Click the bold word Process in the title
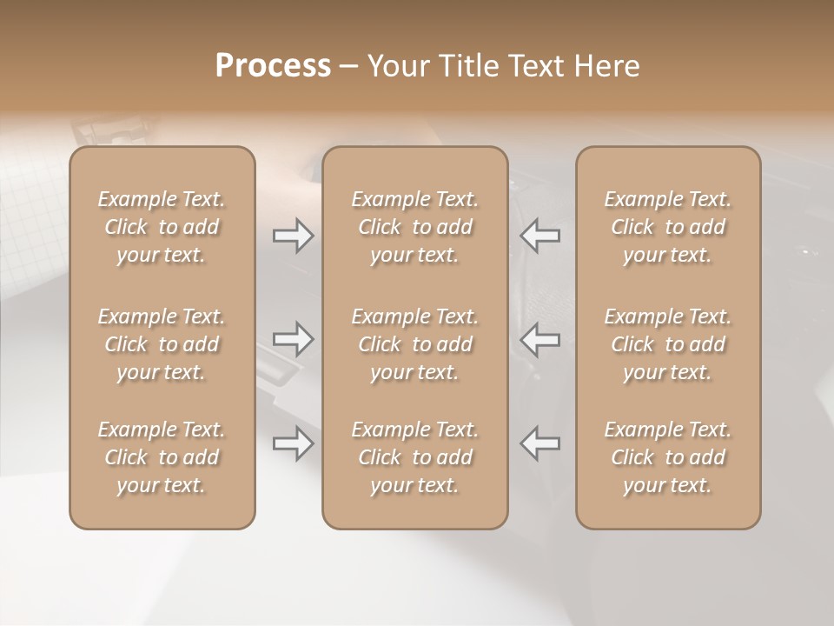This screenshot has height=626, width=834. tap(273, 65)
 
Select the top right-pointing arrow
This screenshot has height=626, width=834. tap(293, 236)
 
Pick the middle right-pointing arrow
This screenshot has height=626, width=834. tap(293, 339)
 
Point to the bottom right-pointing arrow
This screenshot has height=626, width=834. tap(293, 443)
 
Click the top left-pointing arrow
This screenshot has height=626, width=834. tap(539, 236)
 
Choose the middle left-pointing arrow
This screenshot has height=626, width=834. tap(539, 339)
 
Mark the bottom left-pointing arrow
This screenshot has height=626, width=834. tap(539, 443)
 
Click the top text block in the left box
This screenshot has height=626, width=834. tap(162, 227)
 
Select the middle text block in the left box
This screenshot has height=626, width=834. tap(162, 344)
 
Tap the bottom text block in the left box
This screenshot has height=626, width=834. tap(162, 457)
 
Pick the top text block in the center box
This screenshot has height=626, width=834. tap(414, 227)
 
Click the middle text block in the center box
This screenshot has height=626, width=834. tap(414, 344)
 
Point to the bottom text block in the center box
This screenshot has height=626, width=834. tap(414, 457)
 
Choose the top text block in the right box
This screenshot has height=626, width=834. tap(668, 227)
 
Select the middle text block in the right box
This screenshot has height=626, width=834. tap(668, 344)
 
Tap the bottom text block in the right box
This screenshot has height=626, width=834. tap(668, 457)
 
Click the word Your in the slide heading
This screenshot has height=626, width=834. tap(395, 65)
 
